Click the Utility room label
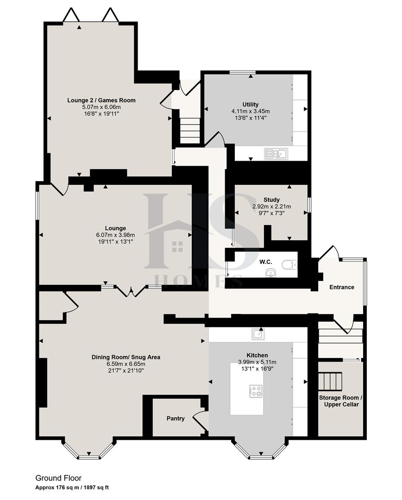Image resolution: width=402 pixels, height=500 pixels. pos(250,104)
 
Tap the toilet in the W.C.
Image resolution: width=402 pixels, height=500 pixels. pos(290,264)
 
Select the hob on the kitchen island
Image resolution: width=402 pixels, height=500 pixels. pos(255,391)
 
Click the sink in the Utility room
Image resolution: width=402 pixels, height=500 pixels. pos(276,153)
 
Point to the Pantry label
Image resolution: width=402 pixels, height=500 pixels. pos(176,419)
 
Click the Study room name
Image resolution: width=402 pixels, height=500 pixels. pos(271,200)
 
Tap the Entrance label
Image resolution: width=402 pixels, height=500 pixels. pos(341,287)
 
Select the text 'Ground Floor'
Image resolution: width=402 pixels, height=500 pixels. pos(58,478)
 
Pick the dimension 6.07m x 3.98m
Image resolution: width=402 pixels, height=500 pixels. pos(115,235)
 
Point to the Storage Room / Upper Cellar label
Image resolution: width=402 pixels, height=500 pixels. pos(339,401)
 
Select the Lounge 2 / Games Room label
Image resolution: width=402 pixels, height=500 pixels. pos(101,100)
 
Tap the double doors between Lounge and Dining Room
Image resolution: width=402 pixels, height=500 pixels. pos(131,291)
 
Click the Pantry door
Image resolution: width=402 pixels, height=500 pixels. pos(201,419)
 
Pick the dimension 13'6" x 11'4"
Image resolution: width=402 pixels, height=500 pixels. pos(250,118)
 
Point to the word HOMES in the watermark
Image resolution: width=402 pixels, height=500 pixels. pos(197,281)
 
